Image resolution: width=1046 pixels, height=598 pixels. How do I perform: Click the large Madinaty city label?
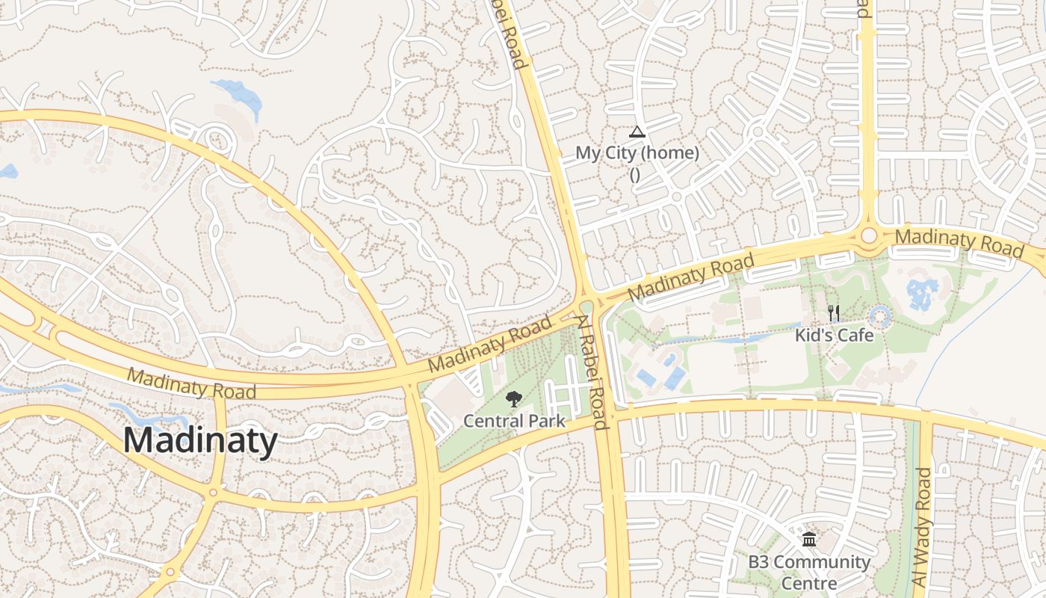pos(200,440)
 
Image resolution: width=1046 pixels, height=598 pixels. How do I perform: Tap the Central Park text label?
pos(514,421)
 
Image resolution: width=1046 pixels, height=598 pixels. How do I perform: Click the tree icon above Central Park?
pos(514,399)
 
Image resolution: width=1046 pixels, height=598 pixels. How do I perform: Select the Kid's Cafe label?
pos(834,335)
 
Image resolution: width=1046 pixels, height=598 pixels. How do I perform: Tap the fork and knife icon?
pos(834,313)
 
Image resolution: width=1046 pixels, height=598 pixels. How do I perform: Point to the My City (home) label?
pos(637,153)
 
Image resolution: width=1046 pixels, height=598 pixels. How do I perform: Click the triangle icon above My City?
pos(637,132)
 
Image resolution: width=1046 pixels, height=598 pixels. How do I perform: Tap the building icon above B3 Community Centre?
pos(809,539)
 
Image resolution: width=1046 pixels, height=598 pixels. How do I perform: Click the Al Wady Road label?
pos(923,526)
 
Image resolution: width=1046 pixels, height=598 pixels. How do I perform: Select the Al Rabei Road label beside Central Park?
pos(590,371)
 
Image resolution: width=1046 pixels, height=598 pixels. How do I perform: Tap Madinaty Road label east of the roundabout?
pos(959,242)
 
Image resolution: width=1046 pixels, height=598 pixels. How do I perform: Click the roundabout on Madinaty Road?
pos(868,235)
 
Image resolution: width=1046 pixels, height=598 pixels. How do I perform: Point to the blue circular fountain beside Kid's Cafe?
pos(880,317)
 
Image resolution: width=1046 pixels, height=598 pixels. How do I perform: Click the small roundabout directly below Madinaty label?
pos(214,492)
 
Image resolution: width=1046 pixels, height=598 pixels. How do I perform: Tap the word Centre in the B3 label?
pos(809,583)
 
